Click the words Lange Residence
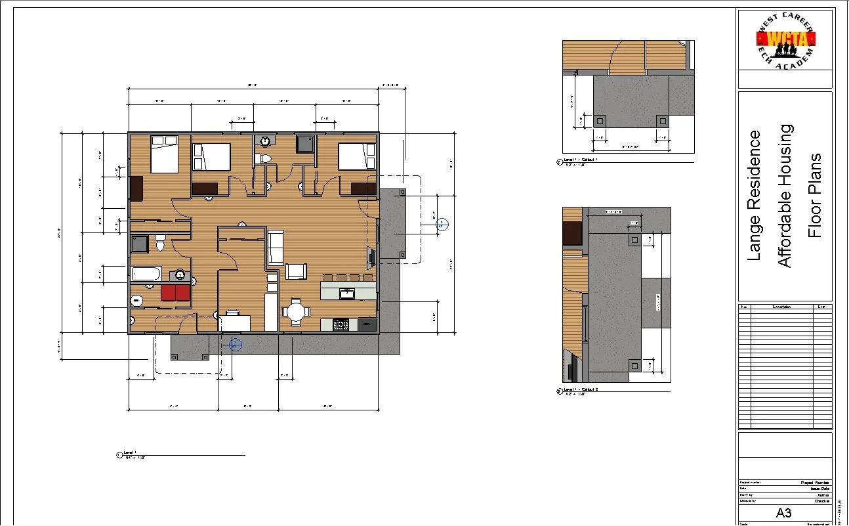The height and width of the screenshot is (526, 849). (x=755, y=195)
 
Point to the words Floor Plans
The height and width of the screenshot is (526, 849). (x=814, y=195)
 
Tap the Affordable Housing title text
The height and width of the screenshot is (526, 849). (x=785, y=195)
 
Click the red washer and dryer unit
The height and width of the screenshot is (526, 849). (x=175, y=292)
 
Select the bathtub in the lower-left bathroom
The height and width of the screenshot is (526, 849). (x=146, y=273)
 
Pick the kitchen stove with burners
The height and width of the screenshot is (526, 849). (x=342, y=324)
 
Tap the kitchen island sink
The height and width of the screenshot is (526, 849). (x=347, y=293)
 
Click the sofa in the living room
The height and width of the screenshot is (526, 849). (x=276, y=247)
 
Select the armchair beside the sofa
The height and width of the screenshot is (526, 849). (x=296, y=272)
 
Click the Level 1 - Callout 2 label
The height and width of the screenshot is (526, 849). (x=581, y=390)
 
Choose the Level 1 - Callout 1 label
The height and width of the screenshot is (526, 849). (x=581, y=160)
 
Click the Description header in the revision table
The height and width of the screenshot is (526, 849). (x=781, y=307)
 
